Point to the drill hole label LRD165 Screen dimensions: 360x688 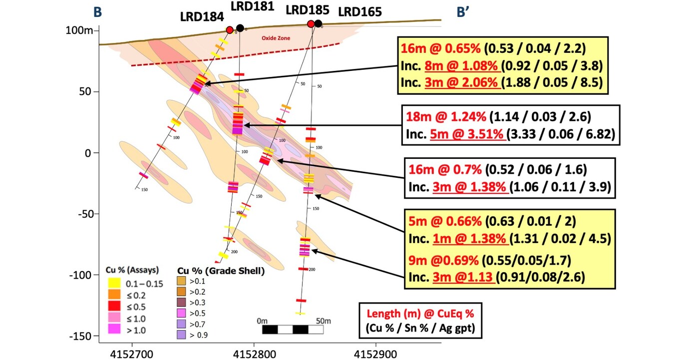(x=360, y=11)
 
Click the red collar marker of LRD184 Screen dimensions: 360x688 (x=230, y=30)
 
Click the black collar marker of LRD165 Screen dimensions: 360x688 (x=318, y=23)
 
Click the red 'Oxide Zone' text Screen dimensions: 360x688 (x=276, y=38)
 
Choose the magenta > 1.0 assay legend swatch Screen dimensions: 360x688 (x=114, y=329)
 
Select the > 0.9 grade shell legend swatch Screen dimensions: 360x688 (x=182, y=335)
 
